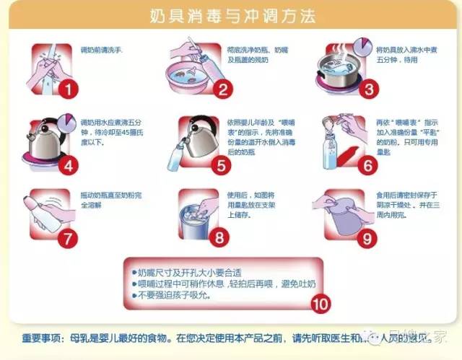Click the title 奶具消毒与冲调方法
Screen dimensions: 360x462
(x=231, y=15)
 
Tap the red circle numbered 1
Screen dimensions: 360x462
(x=67, y=89)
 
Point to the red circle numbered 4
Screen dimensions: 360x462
(x=67, y=164)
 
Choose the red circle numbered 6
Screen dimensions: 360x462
(x=369, y=164)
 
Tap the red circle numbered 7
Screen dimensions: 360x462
(x=67, y=236)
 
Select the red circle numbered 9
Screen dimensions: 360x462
(x=369, y=236)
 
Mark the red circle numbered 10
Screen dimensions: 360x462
(x=321, y=303)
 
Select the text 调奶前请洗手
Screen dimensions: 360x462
(x=102, y=51)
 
